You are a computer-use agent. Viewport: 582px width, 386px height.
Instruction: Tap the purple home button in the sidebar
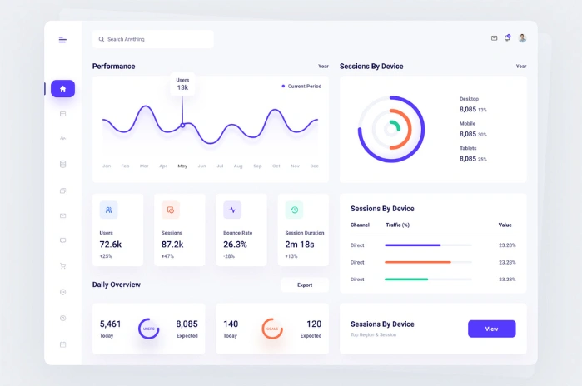(x=62, y=88)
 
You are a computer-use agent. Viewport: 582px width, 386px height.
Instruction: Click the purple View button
(x=491, y=329)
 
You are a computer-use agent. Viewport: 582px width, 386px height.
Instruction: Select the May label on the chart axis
(x=182, y=166)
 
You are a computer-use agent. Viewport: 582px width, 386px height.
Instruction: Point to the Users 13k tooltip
(x=182, y=83)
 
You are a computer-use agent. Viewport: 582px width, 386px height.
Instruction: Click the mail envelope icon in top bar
(x=494, y=38)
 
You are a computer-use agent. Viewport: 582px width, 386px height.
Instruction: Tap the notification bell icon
(x=507, y=38)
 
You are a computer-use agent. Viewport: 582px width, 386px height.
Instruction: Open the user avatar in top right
(x=522, y=38)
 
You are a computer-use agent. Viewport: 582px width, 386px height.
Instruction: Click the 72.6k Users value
(x=111, y=245)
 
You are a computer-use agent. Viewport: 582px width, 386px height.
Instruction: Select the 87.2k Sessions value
(x=172, y=245)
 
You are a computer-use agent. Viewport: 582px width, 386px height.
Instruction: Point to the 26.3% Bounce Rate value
(x=235, y=245)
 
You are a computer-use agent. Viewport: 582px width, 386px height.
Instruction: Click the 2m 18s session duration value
(x=299, y=245)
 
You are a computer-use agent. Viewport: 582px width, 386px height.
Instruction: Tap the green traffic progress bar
(x=406, y=280)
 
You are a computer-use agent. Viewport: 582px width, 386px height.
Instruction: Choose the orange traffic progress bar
(x=417, y=262)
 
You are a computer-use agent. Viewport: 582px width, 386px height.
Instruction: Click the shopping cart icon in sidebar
(x=62, y=266)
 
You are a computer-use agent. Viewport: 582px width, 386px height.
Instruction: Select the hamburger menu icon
(x=62, y=39)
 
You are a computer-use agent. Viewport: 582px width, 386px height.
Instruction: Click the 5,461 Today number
(x=110, y=324)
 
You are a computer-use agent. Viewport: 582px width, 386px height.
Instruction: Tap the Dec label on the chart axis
(x=314, y=166)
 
